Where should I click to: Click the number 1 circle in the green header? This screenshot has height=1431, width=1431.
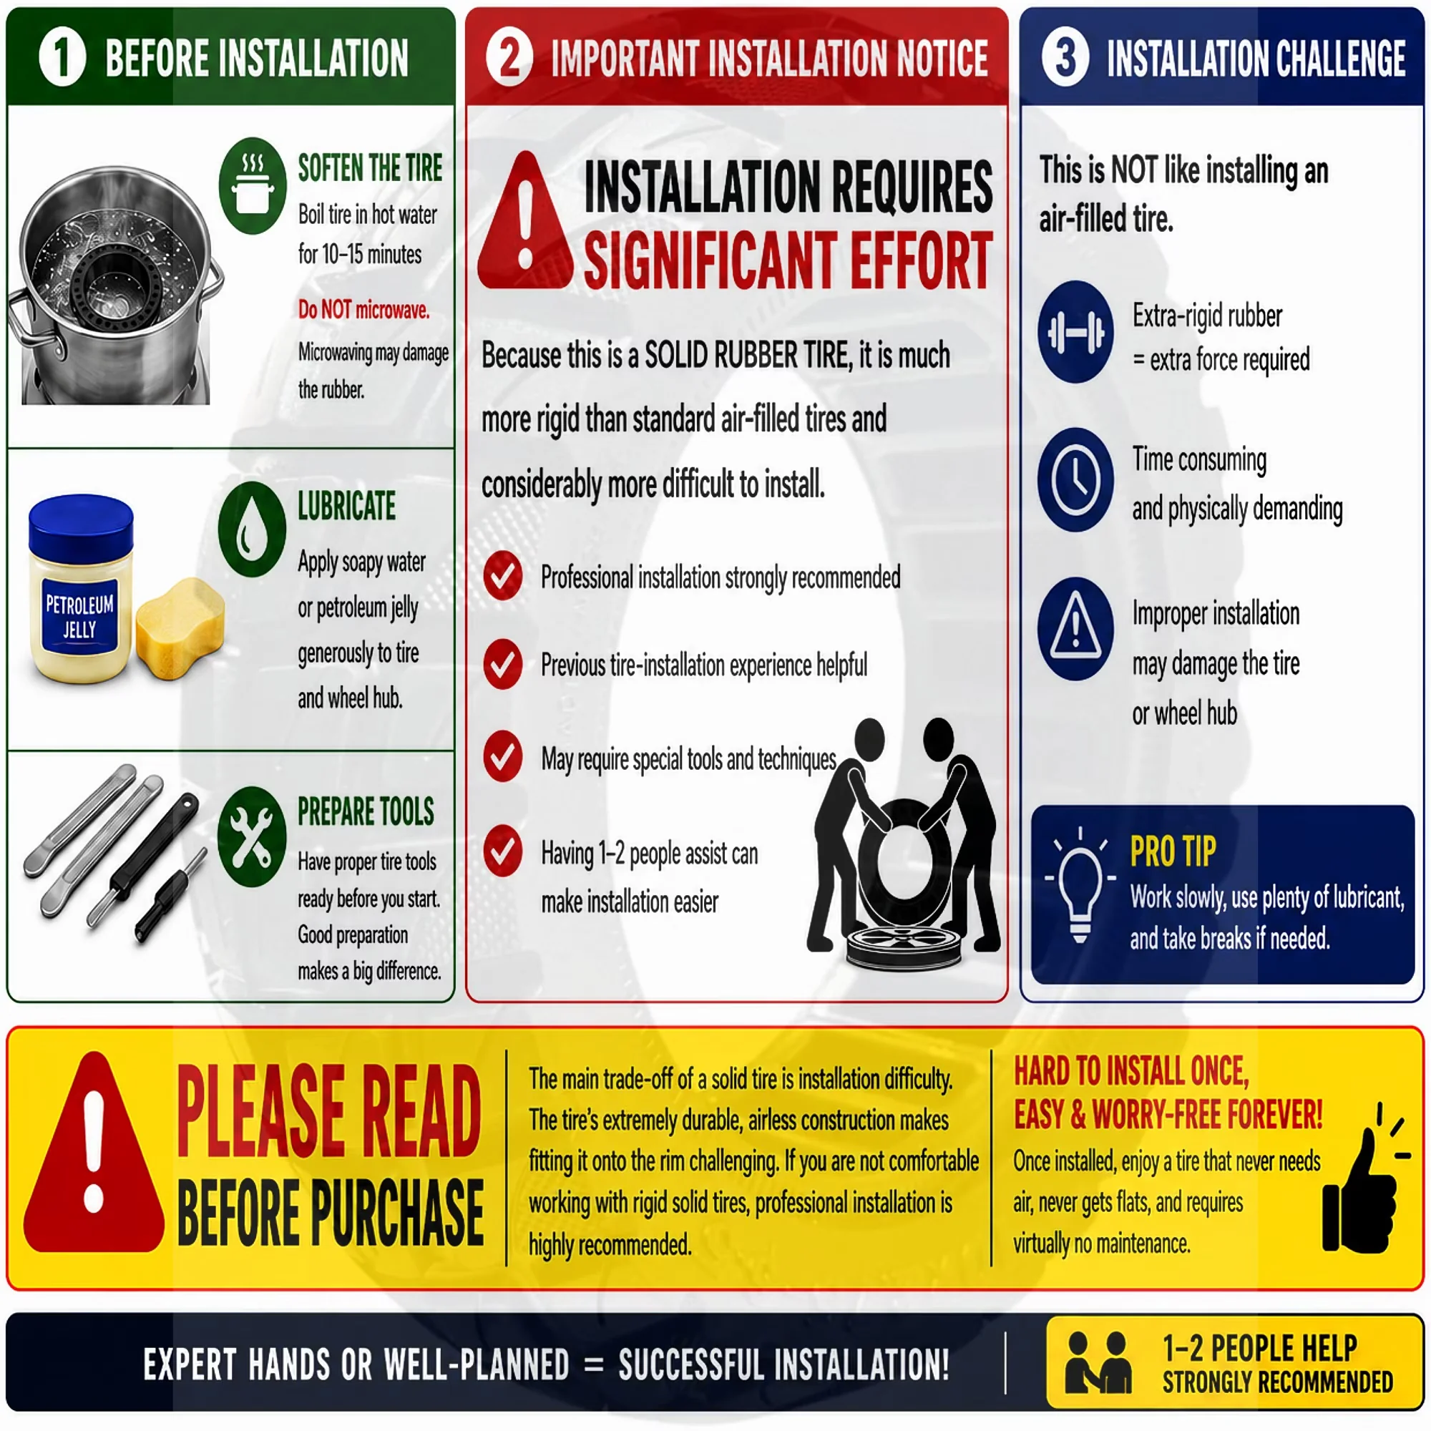click(x=62, y=57)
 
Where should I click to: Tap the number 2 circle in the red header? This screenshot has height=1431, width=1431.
click(x=509, y=57)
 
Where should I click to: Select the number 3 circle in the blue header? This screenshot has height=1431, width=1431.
click(x=1065, y=57)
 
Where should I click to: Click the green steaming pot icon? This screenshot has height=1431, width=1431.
click(x=253, y=185)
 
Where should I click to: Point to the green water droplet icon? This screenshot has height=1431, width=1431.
click(x=252, y=529)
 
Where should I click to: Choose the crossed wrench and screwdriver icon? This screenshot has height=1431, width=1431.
click(x=252, y=836)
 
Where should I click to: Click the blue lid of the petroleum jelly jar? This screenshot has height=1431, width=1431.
click(x=81, y=526)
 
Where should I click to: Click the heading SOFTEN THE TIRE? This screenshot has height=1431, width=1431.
click(x=370, y=167)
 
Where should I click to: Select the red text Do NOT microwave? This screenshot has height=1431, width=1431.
click(x=363, y=309)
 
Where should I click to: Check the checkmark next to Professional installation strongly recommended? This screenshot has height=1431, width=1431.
click(x=503, y=575)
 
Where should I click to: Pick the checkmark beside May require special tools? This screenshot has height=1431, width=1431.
click(x=503, y=756)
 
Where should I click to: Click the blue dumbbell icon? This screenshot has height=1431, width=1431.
click(x=1075, y=331)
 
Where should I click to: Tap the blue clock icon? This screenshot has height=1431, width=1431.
click(x=1075, y=479)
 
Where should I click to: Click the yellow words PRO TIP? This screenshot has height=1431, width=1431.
click(x=1173, y=851)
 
